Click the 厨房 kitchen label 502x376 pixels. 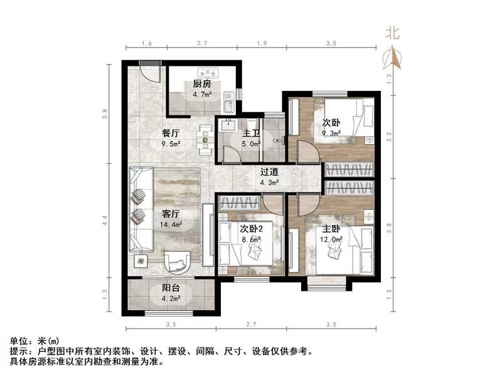click(x=201, y=84)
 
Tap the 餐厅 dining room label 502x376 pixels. click(x=171, y=133)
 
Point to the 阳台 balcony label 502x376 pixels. click(x=171, y=289)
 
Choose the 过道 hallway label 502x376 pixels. click(x=270, y=172)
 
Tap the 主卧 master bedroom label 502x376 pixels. click(x=332, y=229)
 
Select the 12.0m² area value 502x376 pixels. click(x=332, y=239)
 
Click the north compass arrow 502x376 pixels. click(x=393, y=58)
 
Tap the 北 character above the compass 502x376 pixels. click(x=393, y=33)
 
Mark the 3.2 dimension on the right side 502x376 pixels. click(x=389, y=134)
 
